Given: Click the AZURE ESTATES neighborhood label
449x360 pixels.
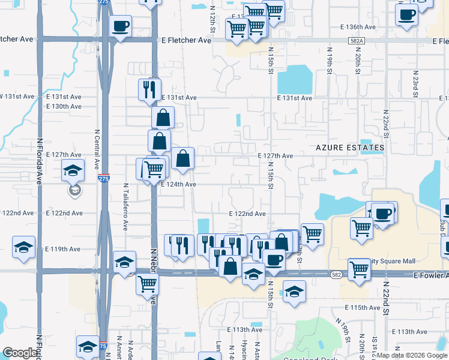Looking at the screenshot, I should click(351, 148).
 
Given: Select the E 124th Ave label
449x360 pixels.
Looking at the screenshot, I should click(178, 185).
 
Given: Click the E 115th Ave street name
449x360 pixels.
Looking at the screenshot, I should click(358, 308).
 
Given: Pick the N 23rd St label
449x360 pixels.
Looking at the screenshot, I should click(415, 83).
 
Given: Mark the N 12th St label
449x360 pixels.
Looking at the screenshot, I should click(212, 20).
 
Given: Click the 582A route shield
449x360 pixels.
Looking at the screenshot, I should click(357, 41).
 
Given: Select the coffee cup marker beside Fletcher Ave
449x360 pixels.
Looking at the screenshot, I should click(120, 26).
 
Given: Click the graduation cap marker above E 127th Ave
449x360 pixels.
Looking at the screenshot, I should click(73, 171).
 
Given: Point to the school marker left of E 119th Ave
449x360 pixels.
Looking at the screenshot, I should click(23, 247).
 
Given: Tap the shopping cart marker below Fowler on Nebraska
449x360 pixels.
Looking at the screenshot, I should click(147, 284).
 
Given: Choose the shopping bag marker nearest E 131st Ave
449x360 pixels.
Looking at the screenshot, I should click(163, 118).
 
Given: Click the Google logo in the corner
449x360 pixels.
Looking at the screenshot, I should click(20, 353).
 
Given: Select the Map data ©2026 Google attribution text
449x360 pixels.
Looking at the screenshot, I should click(412, 355).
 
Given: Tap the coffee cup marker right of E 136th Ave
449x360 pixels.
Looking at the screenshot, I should click(406, 14).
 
